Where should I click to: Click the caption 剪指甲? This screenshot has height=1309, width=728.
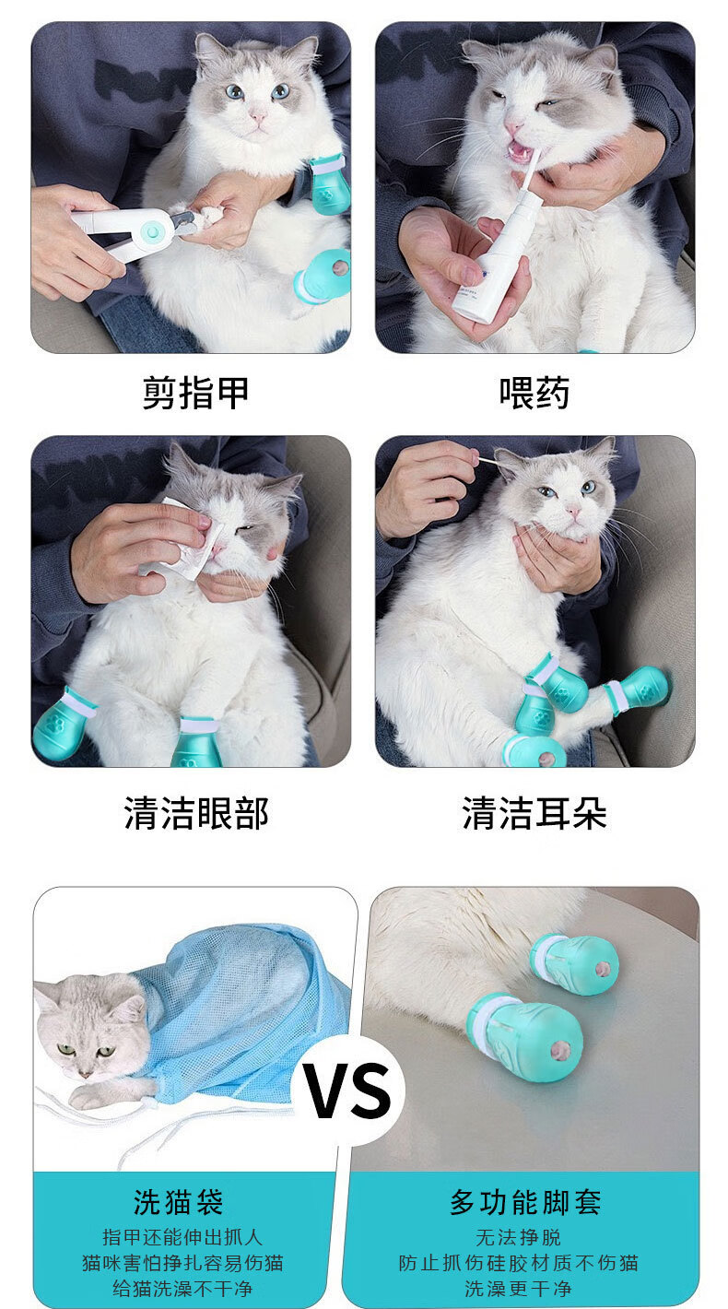(195, 393)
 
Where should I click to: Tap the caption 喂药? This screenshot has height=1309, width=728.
(534, 393)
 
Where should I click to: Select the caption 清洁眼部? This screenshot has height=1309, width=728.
(195, 813)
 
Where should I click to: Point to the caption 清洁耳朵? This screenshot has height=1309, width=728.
(534, 813)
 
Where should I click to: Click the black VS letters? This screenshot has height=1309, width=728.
(349, 1090)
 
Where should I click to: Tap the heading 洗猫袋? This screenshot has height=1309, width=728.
(178, 1203)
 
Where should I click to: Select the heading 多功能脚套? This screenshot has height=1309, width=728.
(525, 1203)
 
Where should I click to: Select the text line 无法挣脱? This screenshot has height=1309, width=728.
(518, 1237)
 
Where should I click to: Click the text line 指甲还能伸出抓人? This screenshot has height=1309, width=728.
(182, 1237)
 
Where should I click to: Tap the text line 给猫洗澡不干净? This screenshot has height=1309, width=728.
(182, 1289)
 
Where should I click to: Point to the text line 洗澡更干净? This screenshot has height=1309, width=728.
(518, 1289)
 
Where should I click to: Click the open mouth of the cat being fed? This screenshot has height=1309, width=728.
(523, 153)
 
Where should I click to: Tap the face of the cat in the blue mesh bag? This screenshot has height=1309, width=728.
(88, 1029)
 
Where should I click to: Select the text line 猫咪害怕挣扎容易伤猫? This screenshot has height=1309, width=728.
(182, 1263)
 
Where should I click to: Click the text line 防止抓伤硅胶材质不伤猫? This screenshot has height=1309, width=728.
(518, 1263)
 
